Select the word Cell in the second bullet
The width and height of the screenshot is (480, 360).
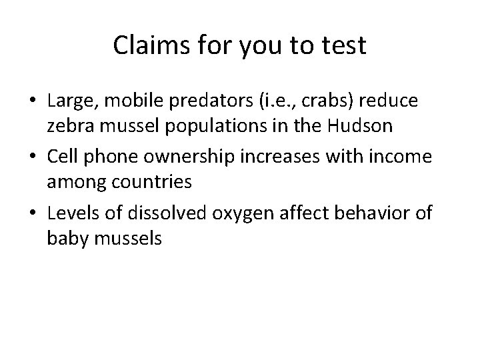[65, 156]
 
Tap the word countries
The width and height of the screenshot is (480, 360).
[158, 181]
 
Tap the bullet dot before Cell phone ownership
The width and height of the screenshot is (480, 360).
[33, 157]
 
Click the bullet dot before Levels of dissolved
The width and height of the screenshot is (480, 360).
[33, 213]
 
